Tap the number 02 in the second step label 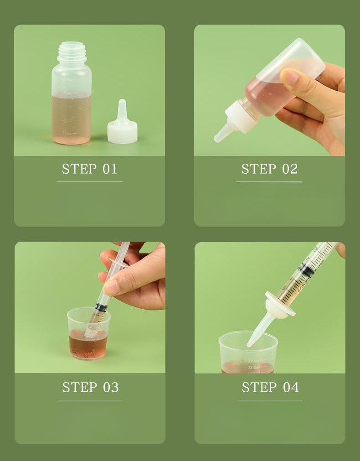click(289, 169)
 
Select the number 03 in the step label click(111, 387)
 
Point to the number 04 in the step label click(290, 387)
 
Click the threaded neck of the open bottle click(72, 52)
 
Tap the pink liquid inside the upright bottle click(71, 119)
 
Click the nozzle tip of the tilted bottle click(219, 137)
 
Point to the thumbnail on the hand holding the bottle click(290, 77)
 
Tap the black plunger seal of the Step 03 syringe click(101, 307)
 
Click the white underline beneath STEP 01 click(89, 181)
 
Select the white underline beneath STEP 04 click(270, 400)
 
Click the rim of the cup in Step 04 click(248, 334)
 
